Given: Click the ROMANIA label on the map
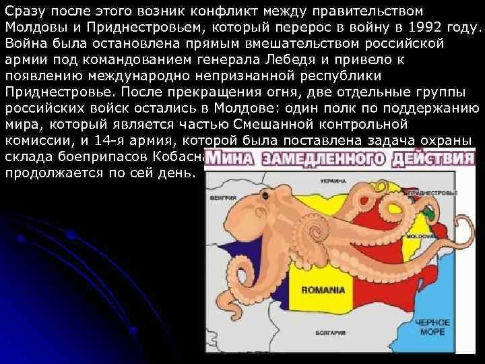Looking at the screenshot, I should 323,291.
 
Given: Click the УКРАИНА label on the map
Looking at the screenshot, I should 333,182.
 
